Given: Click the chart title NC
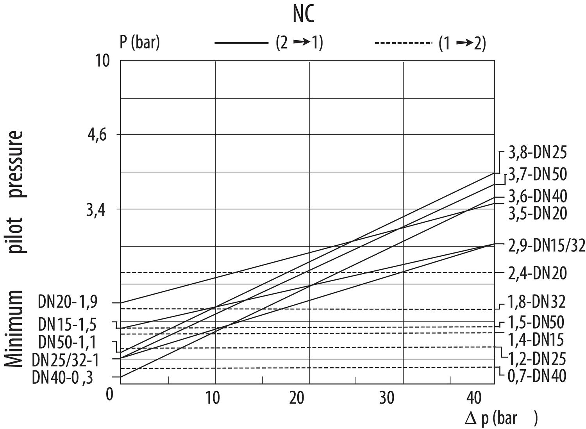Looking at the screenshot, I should point(304,15).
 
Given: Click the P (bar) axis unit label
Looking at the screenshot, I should point(139,42).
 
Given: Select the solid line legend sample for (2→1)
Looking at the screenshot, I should point(241,43).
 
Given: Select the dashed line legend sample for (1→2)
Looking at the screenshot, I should point(403,43).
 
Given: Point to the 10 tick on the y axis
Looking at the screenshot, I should point(103,61).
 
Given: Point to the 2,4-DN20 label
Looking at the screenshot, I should point(537,273).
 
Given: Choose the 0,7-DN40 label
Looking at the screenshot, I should point(536,376).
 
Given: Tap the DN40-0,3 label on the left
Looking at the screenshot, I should point(63,377).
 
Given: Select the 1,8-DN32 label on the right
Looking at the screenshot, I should point(536,302).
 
